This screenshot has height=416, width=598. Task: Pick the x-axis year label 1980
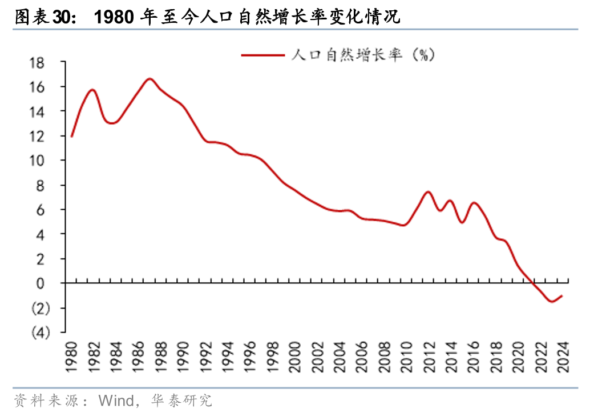tap(71, 357)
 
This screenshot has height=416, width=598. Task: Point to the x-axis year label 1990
tap(184, 357)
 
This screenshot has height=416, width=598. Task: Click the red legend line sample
tap(262, 55)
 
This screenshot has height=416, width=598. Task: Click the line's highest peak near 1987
tap(149, 79)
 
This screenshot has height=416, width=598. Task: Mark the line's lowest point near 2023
tap(551, 301)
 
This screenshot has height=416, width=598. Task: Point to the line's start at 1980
tap(71, 137)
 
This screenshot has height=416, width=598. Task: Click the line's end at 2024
tap(563, 295)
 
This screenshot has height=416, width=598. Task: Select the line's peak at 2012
tap(428, 192)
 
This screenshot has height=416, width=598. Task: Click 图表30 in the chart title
tap(43, 18)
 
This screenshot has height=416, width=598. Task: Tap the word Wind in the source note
tap(116, 400)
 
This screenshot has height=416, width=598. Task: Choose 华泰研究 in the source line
tap(181, 400)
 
